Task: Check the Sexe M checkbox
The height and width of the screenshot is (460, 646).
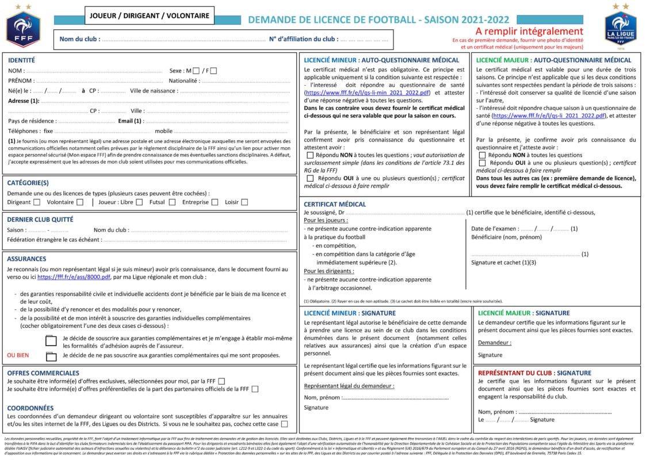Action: click(196, 71)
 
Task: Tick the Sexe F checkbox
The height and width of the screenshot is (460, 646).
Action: click(213, 71)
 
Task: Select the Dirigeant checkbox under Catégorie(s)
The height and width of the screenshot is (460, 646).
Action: click(37, 202)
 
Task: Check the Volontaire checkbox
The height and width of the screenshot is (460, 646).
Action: click(80, 202)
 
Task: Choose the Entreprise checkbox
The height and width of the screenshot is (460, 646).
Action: click(215, 202)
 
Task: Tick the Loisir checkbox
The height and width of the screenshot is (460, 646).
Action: click(244, 202)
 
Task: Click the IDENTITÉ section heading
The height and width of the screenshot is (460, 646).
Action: click(21, 60)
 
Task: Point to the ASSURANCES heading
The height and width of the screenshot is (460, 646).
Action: click(27, 259)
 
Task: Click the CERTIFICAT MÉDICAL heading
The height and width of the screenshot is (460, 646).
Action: click(334, 204)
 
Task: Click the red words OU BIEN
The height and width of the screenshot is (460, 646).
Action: click(18, 355)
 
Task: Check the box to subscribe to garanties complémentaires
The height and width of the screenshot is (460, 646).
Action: click(51, 341)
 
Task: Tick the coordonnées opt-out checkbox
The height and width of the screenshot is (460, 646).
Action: click(284, 424)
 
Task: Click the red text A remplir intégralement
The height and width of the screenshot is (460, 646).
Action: click(529, 31)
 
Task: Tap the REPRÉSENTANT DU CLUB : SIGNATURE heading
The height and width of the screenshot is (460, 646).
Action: click(534, 373)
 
